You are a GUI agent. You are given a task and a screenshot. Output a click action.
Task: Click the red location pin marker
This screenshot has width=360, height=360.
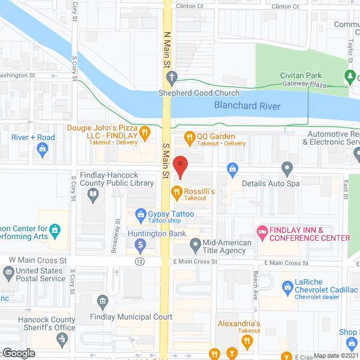(x=180, y=166)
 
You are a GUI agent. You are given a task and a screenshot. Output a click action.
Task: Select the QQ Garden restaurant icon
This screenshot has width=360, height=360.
(x=190, y=137)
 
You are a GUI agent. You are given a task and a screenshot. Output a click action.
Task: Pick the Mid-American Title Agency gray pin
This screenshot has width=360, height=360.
(x=195, y=244)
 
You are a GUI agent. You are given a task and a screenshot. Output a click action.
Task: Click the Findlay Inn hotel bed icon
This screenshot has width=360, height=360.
(x=262, y=231)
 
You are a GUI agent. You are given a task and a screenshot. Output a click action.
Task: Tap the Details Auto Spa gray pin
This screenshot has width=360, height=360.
(x=287, y=168)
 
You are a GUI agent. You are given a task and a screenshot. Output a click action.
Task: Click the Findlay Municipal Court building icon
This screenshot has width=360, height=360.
(x=102, y=301)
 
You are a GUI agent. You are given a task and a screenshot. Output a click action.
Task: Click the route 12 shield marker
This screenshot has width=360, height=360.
(x=139, y=262)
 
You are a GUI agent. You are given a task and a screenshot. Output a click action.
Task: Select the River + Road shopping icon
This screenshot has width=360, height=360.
(x=42, y=148)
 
